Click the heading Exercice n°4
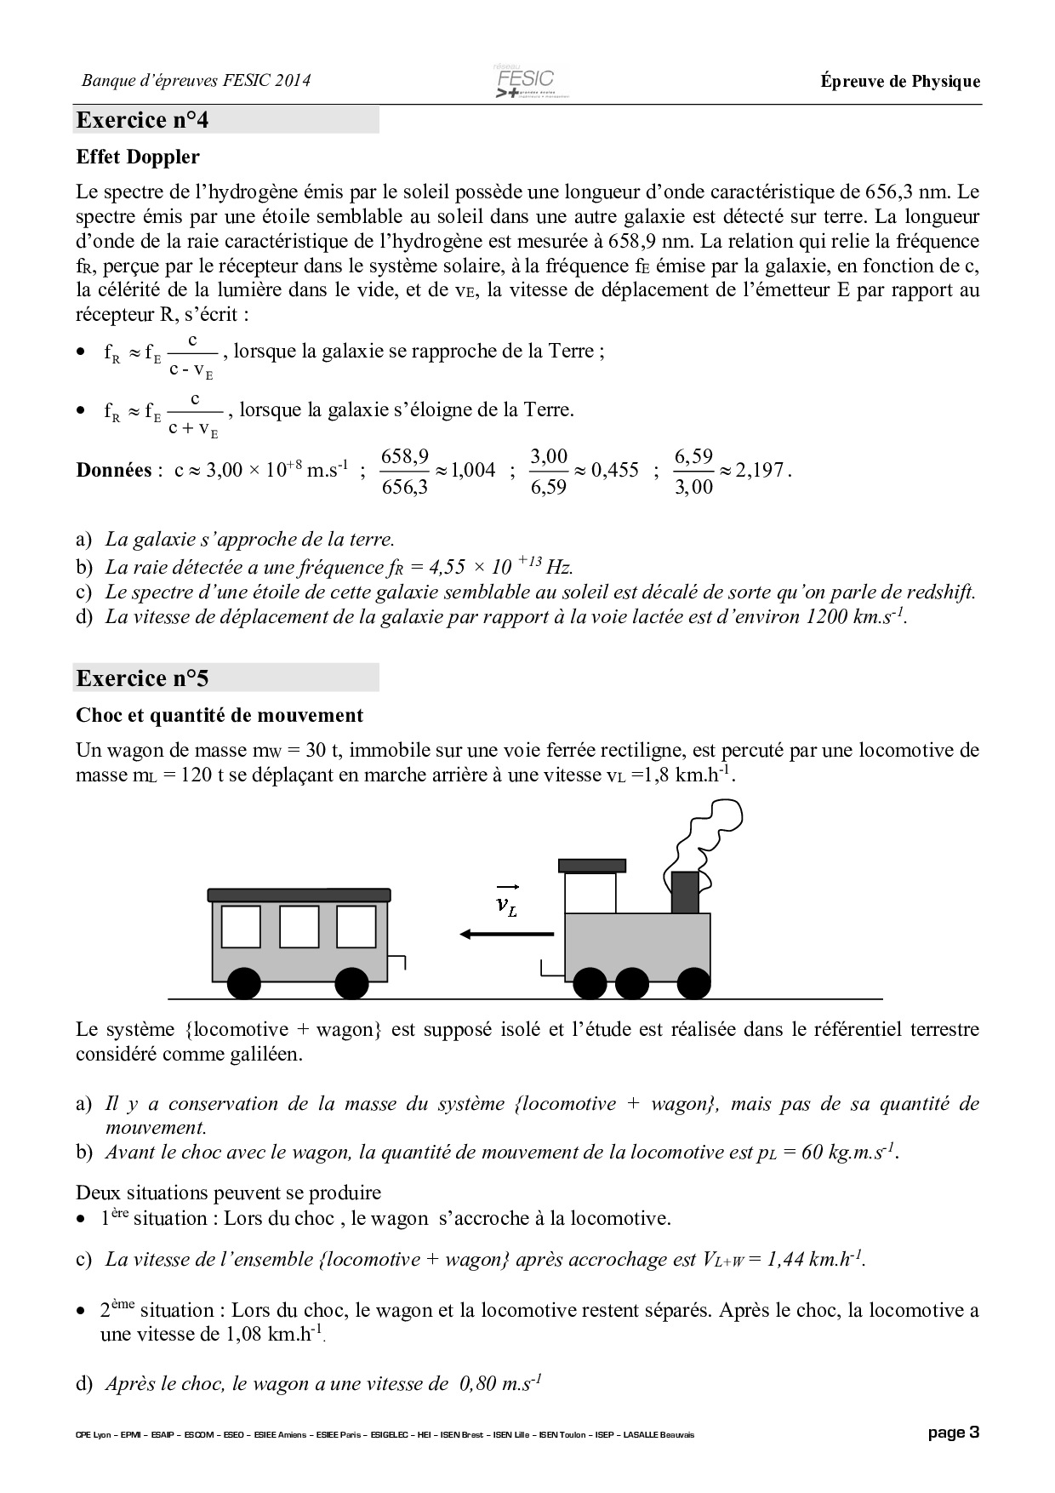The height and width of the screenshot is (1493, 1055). point(142,120)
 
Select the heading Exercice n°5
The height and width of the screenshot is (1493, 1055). point(142,678)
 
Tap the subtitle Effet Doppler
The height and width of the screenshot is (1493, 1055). point(138,157)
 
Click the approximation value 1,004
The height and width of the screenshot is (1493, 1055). point(473,471)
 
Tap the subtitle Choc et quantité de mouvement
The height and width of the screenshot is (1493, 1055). point(220,715)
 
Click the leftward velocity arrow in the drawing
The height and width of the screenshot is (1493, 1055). point(506,935)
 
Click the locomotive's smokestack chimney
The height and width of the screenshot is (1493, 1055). point(685,892)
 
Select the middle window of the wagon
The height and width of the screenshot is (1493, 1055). point(299,926)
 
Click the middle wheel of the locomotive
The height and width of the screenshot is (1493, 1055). point(630,983)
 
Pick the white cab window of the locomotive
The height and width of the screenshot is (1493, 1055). point(590,893)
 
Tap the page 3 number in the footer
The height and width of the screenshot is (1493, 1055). point(953,1433)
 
